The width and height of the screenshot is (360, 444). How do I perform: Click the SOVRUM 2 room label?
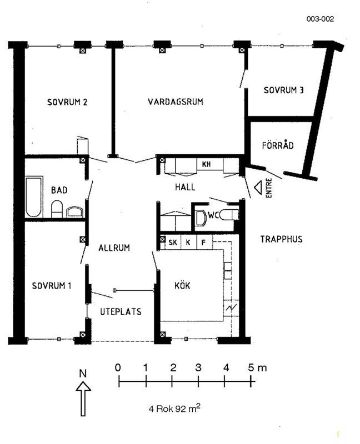67,102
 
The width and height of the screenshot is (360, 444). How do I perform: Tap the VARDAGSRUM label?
176,102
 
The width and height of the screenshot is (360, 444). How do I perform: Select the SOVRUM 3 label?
283,90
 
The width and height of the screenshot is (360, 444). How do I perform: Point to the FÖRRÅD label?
278,145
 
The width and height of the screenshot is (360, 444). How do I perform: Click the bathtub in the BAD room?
34,197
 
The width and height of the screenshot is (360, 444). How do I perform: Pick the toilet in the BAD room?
57,209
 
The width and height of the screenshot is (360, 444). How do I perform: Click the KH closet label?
206,164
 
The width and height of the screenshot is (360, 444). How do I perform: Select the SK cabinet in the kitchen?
173,243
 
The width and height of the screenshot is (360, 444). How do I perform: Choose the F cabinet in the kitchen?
203,243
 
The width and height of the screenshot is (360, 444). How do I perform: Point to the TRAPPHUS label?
282,239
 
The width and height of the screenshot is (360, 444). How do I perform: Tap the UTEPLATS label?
121,311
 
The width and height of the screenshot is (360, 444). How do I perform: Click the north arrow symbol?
83,398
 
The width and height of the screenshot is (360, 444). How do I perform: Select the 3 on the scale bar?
198,367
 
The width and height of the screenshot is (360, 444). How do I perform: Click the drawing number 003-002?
321,19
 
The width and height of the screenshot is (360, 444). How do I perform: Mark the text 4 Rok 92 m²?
174,408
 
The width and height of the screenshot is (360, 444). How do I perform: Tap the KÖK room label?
182,285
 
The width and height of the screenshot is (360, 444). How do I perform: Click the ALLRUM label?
114,248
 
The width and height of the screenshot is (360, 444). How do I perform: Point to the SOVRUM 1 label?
52,285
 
